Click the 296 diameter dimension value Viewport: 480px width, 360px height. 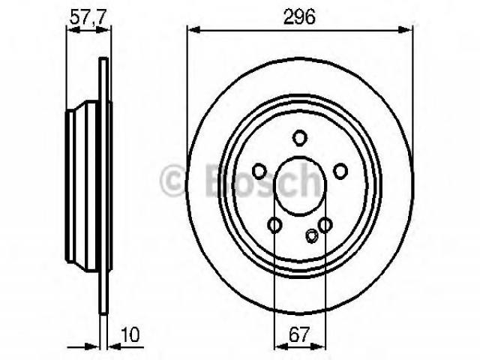[299, 16]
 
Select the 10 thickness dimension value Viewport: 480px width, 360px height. [130, 334]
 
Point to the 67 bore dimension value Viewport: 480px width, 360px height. [299, 334]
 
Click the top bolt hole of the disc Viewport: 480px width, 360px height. [299, 138]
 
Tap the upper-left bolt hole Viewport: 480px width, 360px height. [259, 171]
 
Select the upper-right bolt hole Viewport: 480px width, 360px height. [340, 171]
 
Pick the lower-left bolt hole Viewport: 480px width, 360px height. [274, 225]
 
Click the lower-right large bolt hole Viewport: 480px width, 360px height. [325, 225]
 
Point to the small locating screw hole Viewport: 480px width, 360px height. [312, 235]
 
